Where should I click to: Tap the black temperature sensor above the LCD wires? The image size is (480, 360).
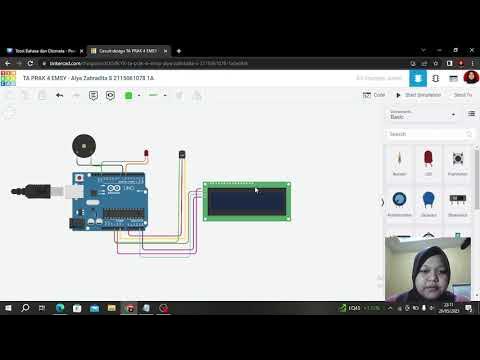click(181, 154)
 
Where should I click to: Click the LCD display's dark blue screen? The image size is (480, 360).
click(246, 202)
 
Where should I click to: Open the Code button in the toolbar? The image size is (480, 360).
click(375, 95)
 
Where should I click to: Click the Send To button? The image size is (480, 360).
click(462, 95)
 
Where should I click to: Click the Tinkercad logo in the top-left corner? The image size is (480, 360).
click(8, 76)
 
